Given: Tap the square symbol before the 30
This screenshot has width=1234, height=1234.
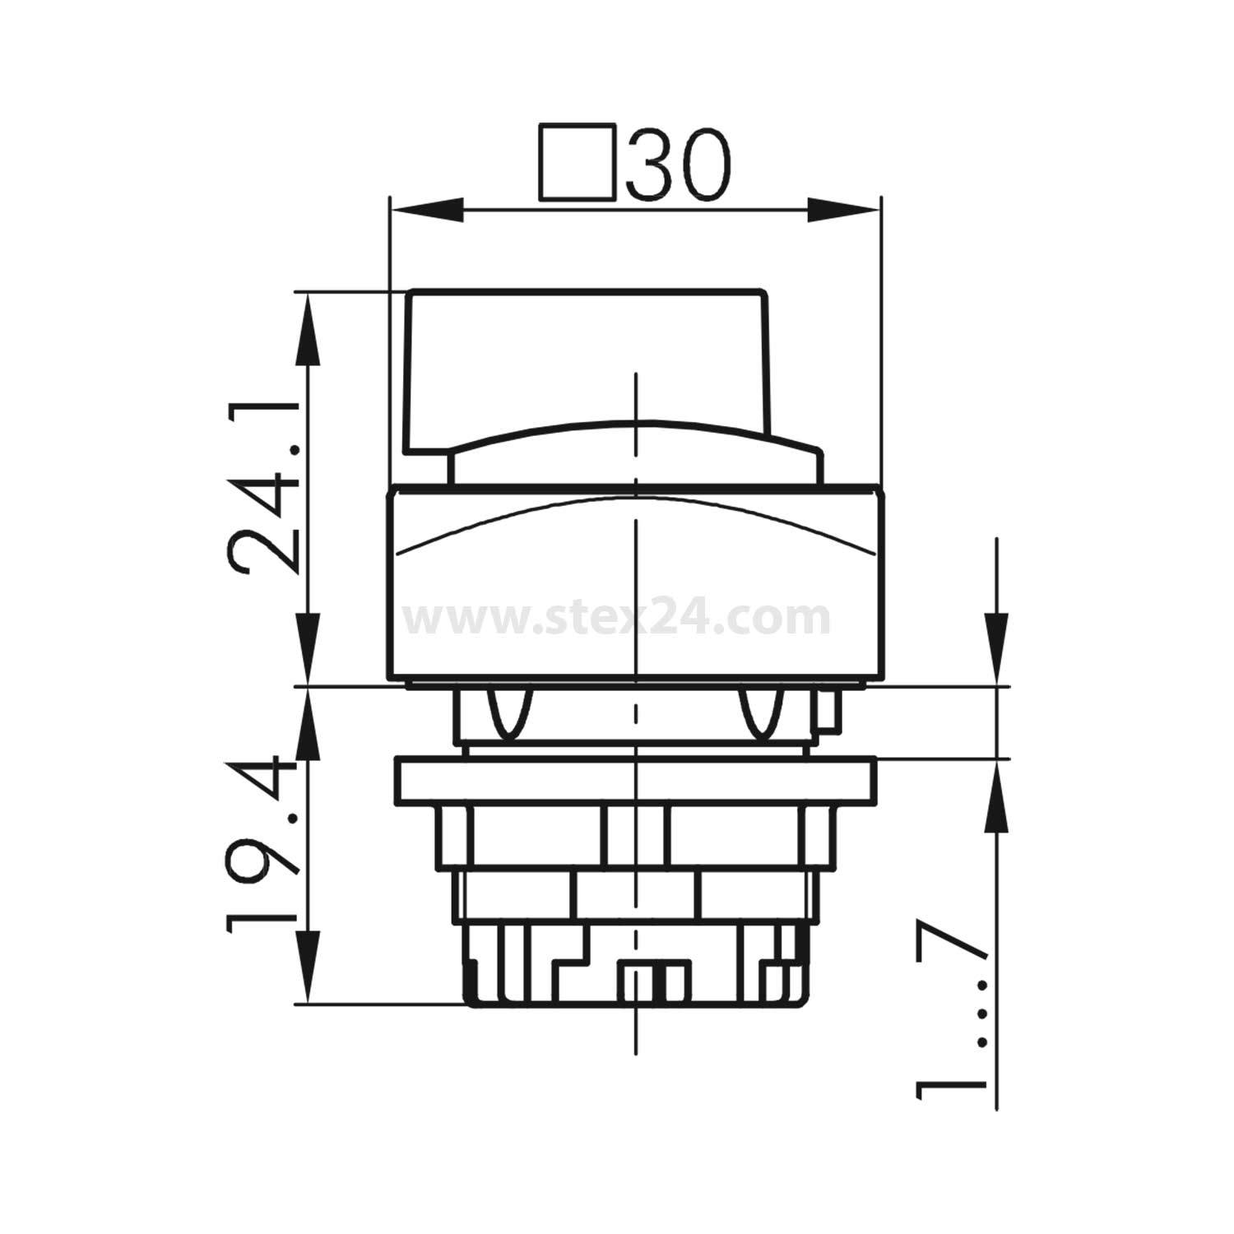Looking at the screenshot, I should click(578, 162).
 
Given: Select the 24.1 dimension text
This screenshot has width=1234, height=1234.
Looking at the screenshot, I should click(265, 489).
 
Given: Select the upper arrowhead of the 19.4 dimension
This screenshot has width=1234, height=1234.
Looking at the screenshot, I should click(308, 724).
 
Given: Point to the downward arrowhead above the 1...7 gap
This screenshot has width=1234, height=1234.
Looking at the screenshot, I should click(997, 650).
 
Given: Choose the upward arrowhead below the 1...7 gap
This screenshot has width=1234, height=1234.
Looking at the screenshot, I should click(997, 795).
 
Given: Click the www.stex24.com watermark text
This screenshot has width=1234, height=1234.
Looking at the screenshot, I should click(619, 619).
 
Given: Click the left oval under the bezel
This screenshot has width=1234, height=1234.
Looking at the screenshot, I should click(510, 712).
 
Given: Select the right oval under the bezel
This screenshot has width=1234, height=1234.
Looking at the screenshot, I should click(762, 712).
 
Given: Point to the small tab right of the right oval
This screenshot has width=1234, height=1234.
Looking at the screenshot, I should click(826, 712).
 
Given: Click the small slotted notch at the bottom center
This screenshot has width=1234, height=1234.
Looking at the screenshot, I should click(655, 981).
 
